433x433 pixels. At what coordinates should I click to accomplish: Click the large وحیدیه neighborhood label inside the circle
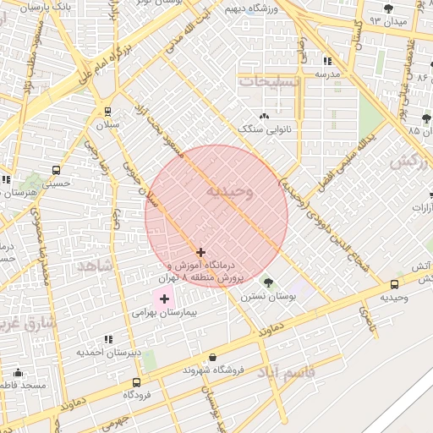224,192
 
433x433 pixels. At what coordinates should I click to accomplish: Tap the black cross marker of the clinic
200,252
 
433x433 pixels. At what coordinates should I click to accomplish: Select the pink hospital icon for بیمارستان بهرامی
163,299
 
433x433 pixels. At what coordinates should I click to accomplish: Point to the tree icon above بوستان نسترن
269,282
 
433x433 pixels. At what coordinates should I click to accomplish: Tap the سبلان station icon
107,111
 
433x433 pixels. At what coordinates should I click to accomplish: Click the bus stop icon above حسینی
56,169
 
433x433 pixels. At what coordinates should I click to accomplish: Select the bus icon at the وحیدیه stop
394,285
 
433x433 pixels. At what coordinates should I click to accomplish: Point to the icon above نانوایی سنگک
265,116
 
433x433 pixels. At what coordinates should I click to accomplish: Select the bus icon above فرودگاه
134,381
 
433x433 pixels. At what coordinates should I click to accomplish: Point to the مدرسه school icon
327,61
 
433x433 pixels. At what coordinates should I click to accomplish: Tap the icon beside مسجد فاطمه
18,372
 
